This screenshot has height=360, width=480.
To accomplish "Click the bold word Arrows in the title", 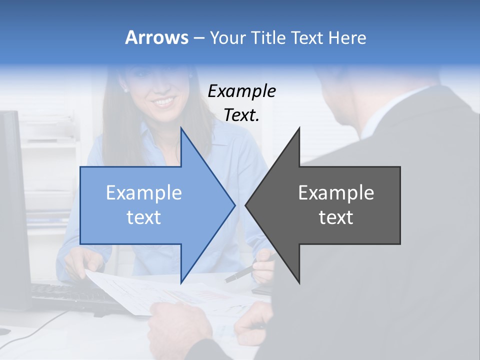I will [x=156, y=37].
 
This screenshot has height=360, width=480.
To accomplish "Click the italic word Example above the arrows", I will [x=241, y=91].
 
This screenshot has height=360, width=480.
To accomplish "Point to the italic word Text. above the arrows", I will [x=241, y=115].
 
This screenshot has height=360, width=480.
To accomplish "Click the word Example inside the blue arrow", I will [x=144, y=193].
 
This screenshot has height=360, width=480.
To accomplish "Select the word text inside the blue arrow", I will [x=144, y=217].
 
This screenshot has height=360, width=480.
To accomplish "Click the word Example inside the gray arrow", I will [x=336, y=193].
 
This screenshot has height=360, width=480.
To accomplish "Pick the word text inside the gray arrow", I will [x=336, y=217].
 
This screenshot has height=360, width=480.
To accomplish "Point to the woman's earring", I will [x=125, y=90].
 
